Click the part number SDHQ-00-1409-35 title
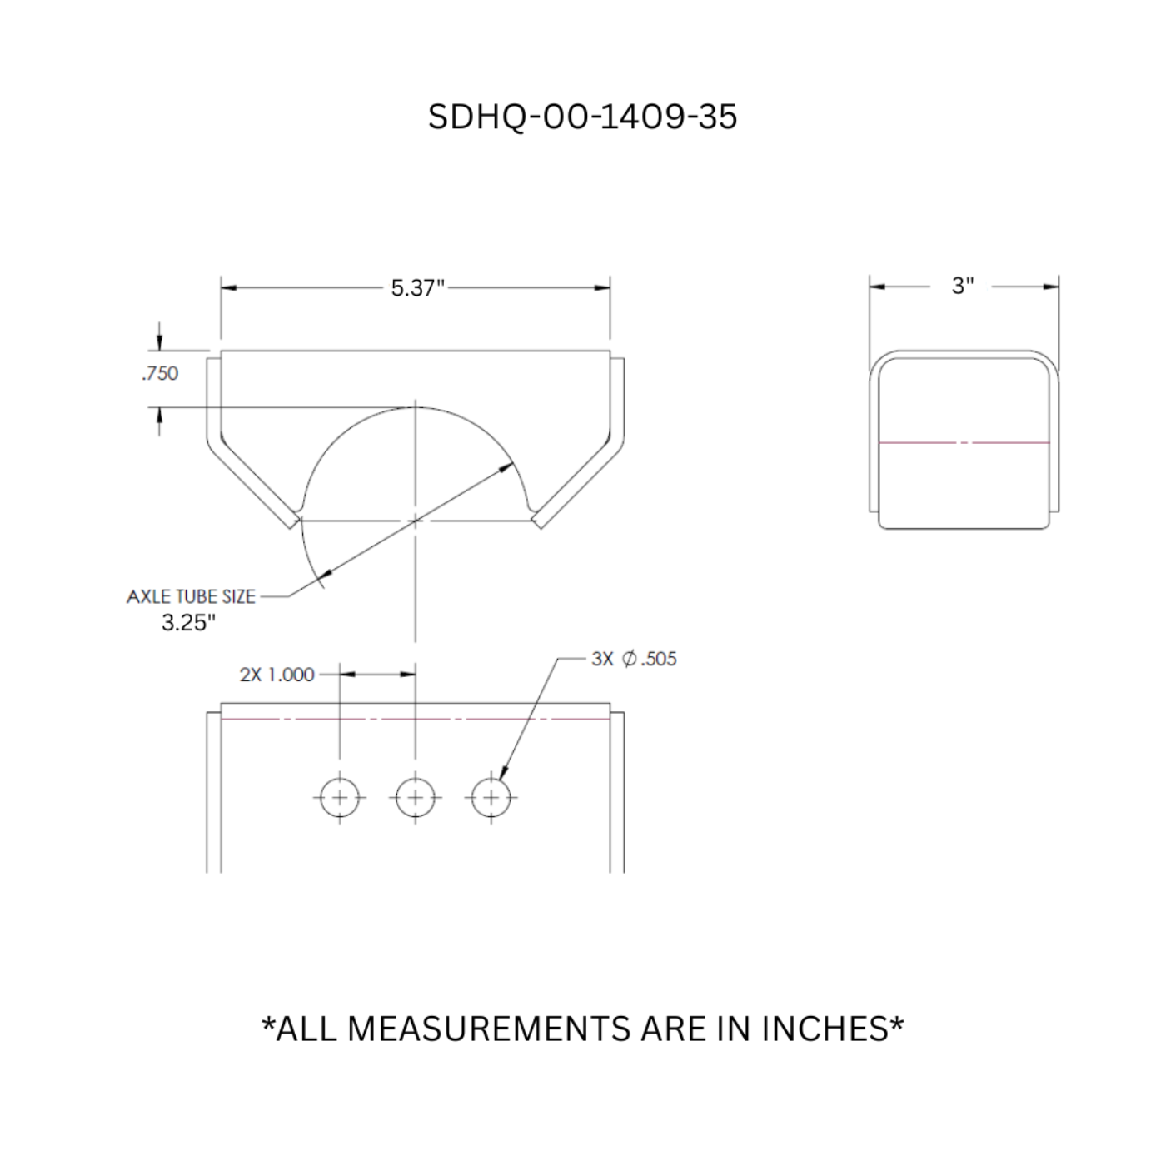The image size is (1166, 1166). (582, 117)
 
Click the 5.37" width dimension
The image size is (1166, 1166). (417, 288)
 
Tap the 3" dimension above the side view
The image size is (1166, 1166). (963, 286)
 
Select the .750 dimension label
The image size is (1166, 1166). (160, 373)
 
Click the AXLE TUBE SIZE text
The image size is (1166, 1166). (191, 596)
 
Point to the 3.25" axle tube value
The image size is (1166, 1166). (188, 623)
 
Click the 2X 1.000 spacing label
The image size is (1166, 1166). (277, 675)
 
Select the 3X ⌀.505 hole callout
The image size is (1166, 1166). (634, 659)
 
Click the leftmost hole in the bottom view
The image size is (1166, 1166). (339, 798)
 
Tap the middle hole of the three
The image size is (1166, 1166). (415, 798)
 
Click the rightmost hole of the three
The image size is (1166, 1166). (491, 798)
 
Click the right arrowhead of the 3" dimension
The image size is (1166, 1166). (1052, 287)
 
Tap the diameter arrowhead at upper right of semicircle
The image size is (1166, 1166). (506, 468)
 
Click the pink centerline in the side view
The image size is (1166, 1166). (964, 442)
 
